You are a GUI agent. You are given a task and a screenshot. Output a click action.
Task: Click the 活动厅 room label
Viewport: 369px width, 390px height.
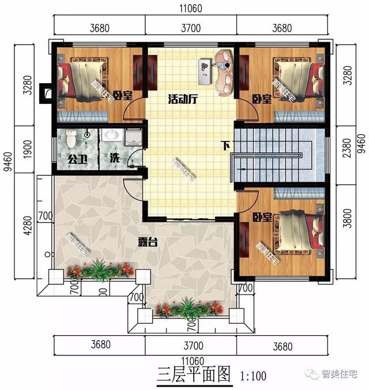coord(183,99)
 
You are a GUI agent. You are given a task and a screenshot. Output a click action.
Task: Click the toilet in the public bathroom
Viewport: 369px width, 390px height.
coord(70,139)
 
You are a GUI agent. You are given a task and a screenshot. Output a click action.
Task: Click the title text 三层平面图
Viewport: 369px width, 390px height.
coord(188,374)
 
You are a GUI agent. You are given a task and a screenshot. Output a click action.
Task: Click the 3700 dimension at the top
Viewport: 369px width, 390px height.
coord(190,27)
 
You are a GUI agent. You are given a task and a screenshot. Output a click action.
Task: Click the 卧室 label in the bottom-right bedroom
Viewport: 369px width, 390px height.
coord(262,217)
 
